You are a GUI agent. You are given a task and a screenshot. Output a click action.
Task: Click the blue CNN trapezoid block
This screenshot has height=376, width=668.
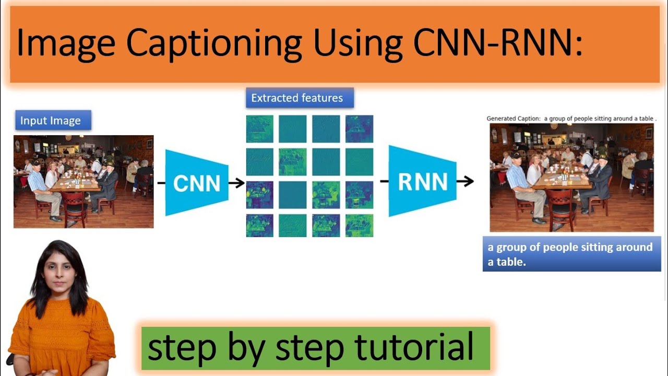point(197,183)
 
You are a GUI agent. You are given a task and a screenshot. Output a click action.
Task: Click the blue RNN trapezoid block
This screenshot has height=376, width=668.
point(422,181)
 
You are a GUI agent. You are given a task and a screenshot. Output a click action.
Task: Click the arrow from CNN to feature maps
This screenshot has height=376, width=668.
point(237,183)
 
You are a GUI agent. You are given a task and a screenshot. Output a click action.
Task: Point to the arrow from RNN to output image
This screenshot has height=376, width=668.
point(465,181)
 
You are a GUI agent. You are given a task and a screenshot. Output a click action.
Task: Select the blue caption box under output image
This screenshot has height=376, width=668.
point(571,254)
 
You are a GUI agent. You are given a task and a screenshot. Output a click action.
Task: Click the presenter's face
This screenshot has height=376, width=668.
point(56,269)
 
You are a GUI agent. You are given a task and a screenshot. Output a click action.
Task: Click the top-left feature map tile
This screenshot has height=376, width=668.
point(259,128)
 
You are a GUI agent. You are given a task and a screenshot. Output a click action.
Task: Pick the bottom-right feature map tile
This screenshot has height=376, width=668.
point(359,226)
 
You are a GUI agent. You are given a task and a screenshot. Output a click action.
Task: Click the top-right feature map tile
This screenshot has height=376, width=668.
point(359,128)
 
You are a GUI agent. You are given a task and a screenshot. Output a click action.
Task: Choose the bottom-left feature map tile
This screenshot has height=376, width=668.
point(259,226)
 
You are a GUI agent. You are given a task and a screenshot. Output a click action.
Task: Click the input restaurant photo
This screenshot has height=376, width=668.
point(83,182)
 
